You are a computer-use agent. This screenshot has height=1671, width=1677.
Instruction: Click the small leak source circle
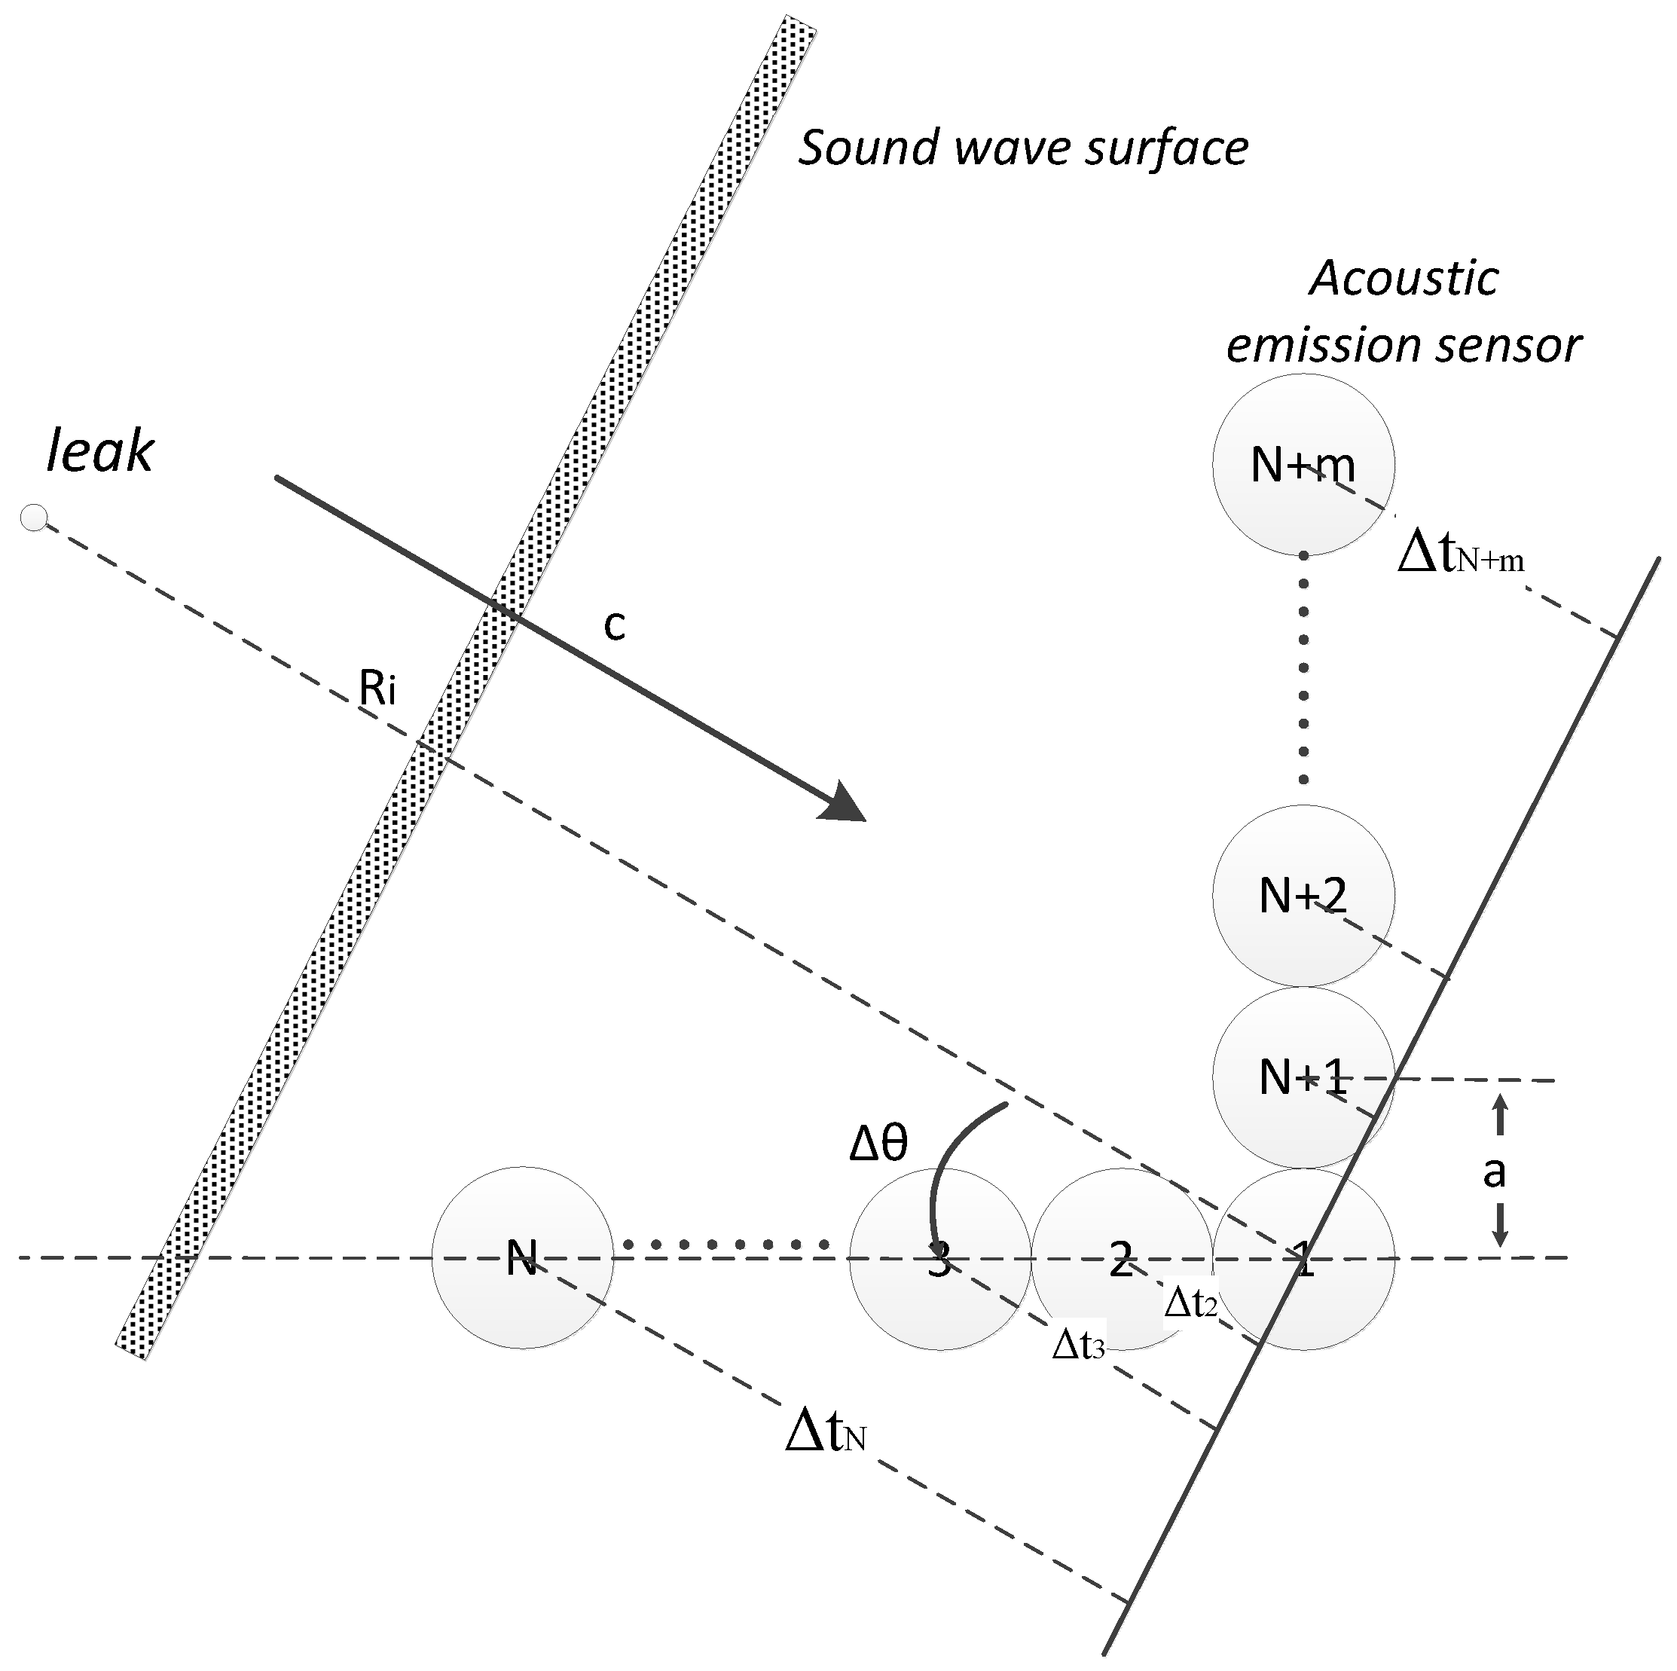click(34, 518)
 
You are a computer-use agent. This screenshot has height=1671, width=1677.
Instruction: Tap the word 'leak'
click(99, 452)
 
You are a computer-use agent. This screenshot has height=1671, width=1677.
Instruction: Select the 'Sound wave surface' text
click(1022, 148)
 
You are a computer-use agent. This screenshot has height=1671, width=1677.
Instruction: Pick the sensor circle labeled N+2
click(1303, 895)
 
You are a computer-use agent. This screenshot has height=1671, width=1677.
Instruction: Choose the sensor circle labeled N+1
click(1303, 1077)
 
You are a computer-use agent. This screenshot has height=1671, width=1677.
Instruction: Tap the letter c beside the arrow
click(615, 625)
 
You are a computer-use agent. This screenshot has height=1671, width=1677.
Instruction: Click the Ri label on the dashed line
click(377, 689)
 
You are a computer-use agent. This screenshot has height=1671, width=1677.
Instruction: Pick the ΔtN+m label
click(1460, 554)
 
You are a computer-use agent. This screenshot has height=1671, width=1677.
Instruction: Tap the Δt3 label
click(1078, 1345)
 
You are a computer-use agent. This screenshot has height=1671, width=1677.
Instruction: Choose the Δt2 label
click(1190, 1303)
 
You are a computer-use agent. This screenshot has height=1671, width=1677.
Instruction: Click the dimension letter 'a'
click(1493, 1172)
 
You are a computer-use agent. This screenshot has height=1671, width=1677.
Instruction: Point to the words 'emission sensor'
click(1403, 346)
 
